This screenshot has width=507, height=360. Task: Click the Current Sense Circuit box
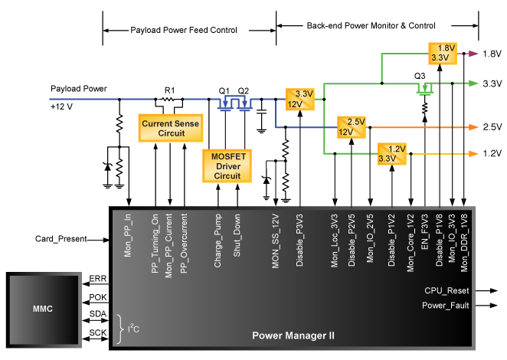click(x=171, y=128)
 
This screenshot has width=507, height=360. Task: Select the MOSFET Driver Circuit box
click(x=227, y=165)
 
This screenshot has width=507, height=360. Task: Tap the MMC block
click(x=44, y=309)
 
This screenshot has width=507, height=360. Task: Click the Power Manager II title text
click(x=293, y=336)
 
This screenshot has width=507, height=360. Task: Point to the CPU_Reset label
click(x=446, y=291)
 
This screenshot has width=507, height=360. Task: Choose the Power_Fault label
click(x=446, y=306)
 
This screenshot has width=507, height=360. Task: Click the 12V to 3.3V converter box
click(x=300, y=99)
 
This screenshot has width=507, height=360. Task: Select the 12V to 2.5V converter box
click(x=352, y=126)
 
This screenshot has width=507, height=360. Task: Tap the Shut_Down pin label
click(x=237, y=238)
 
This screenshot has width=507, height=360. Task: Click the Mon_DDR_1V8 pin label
click(x=465, y=243)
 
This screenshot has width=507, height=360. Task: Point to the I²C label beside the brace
click(x=134, y=329)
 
